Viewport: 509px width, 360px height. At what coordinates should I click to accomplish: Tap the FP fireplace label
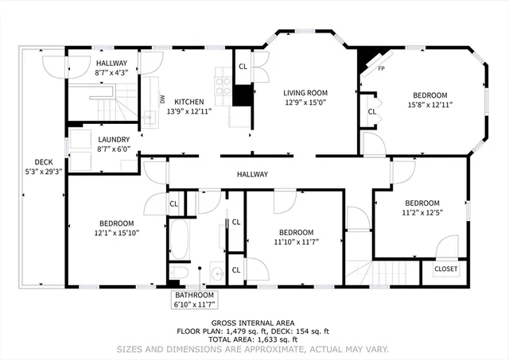coord(382,69)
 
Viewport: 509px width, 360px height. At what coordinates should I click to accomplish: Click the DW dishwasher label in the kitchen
coord(162,99)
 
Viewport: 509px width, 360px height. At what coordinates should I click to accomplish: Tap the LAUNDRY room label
coord(114,139)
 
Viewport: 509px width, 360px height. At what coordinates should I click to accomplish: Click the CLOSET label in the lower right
coord(445,269)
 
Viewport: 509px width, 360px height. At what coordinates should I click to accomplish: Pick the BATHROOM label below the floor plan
coord(195,294)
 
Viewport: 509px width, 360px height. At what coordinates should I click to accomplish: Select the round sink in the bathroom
coord(216,275)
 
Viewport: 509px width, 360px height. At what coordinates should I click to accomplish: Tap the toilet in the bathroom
coord(182,275)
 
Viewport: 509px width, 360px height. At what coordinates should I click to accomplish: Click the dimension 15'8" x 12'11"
coord(429,104)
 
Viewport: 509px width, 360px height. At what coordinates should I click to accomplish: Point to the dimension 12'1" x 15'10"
coord(115,233)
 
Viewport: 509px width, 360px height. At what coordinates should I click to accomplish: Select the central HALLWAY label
coord(252,174)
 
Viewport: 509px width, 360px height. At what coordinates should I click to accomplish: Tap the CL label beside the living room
coord(243,66)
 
